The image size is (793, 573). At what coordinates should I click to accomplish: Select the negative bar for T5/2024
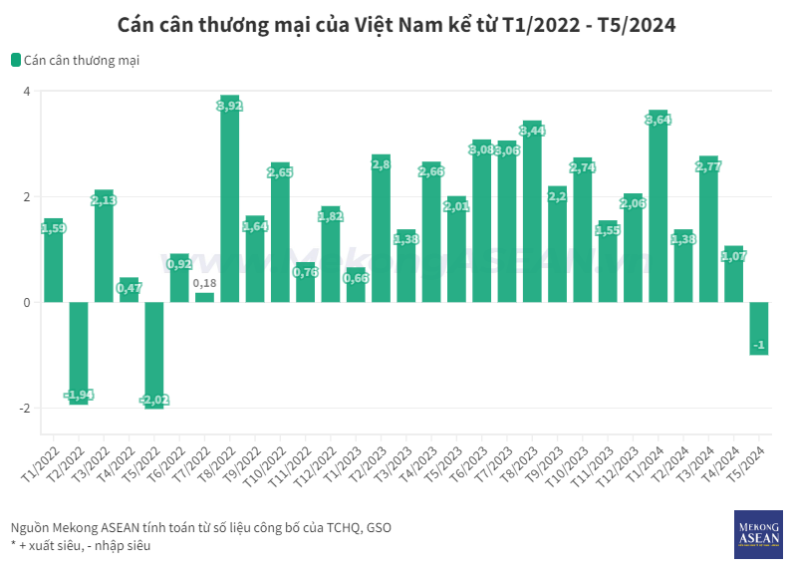[x=759, y=329]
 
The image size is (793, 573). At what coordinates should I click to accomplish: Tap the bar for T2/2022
[x=79, y=349]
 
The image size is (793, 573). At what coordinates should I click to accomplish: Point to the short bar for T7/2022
[x=205, y=297]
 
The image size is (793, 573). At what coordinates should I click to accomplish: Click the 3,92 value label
[x=230, y=106]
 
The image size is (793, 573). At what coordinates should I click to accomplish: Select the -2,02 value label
[x=154, y=400]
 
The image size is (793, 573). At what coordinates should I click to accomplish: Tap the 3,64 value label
[x=659, y=120]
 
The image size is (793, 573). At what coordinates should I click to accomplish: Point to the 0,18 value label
[x=205, y=284]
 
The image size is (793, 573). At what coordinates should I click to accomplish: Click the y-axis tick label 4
[x=27, y=92]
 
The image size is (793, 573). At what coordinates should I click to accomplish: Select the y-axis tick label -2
[x=25, y=409]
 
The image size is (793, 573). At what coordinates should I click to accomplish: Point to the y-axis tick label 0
[x=27, y=303]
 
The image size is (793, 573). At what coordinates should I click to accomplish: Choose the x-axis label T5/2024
[x=747, y=463]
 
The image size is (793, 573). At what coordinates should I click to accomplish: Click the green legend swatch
[x=16, y=60]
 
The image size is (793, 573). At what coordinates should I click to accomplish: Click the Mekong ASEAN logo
[x=758, y=532]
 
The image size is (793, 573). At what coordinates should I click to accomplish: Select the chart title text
[x=396, y=25]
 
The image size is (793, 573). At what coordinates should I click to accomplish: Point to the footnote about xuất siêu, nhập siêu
[x=81, y=546]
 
